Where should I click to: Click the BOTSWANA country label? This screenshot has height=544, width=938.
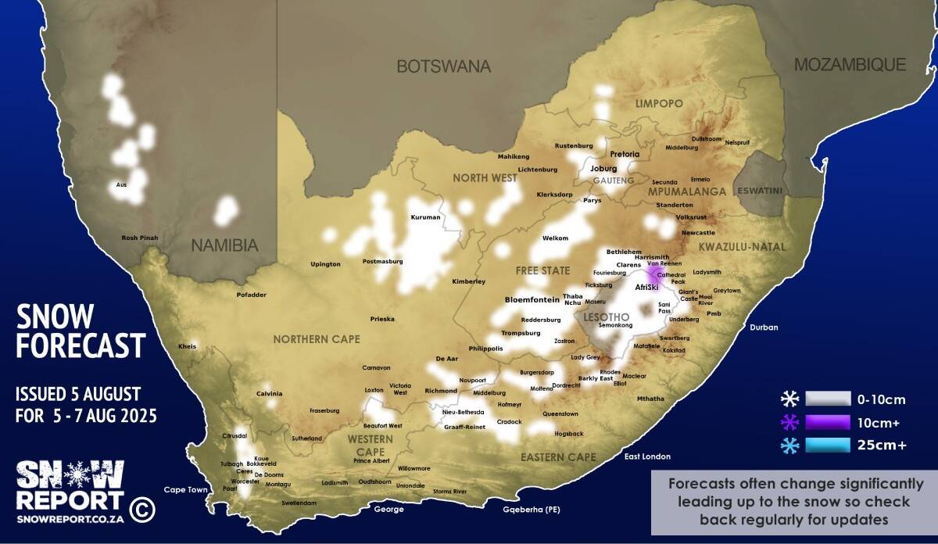click(x=443, y=66)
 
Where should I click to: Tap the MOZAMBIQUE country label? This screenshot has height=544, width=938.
click(x=850, y=65)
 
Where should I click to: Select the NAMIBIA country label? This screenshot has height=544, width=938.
click(x=224, y=245)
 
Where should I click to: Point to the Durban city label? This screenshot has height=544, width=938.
click(x=764, y=327)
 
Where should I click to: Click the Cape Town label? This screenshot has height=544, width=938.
click(x=186, y=490)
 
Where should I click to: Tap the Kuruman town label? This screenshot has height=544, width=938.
click(x=425, y=217)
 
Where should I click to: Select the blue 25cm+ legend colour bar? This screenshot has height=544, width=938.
click(x=828, y=446)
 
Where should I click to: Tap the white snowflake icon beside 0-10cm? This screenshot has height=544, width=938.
click(x=789, y=399)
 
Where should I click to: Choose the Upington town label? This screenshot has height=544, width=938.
click(x=325, y=264)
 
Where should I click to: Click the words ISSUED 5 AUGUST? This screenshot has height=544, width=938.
click(x=78, y=393)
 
